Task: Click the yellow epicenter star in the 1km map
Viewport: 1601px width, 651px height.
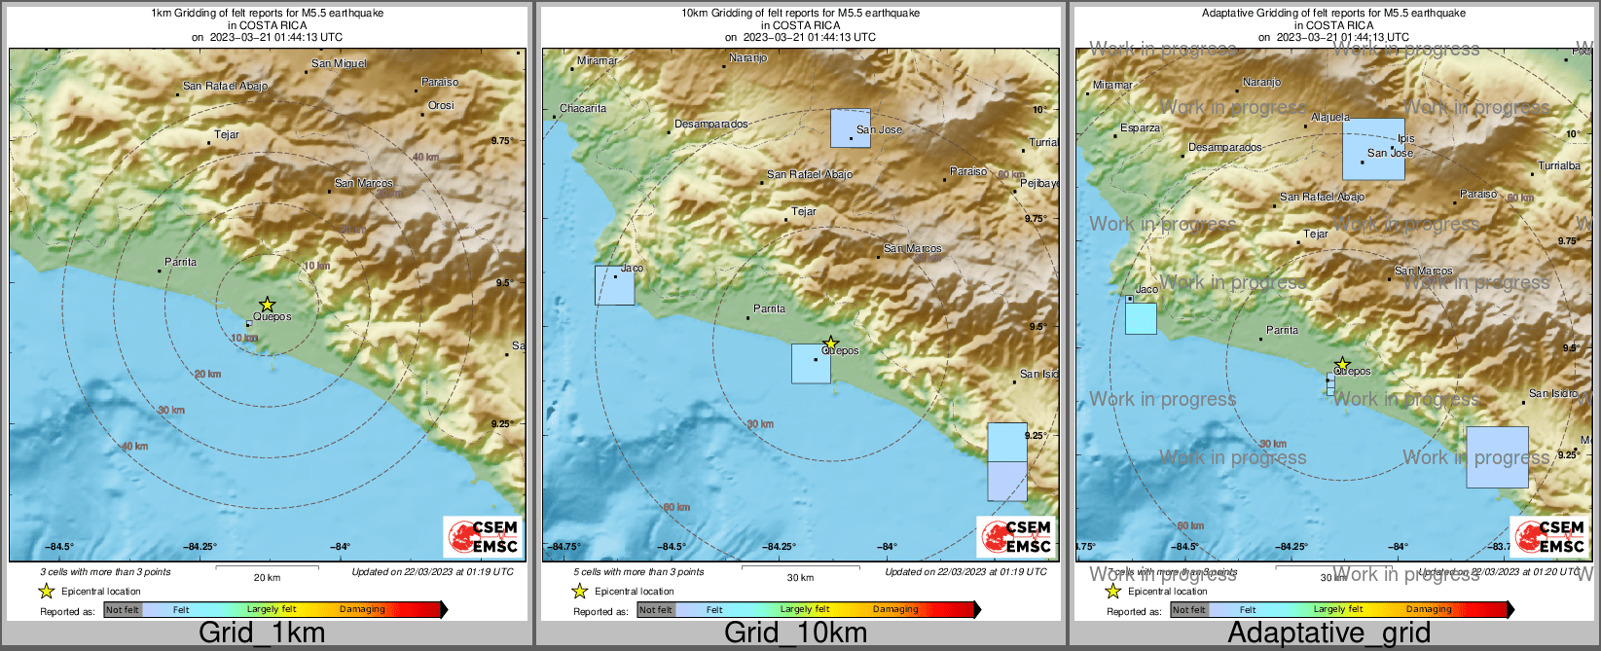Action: (268, 305)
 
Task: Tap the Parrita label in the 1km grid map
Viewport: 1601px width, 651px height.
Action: (180, 262)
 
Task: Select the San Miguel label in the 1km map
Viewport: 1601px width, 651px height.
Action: (339, 64)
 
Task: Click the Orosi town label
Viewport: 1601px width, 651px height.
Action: (441, 105)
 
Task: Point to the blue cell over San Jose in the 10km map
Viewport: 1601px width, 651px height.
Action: (851, 128)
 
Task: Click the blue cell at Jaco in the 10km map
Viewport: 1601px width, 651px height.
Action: (614, 285)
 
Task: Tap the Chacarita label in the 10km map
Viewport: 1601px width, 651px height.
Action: (583, 108)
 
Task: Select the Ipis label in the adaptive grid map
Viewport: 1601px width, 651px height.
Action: (1405, 139)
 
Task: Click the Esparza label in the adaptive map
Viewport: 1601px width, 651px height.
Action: (1140, 127)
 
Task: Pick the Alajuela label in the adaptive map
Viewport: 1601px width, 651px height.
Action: (1330, 117)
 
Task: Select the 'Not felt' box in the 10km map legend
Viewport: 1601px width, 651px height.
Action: (655, 610)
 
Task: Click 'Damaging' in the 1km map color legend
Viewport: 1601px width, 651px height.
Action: (362, 610)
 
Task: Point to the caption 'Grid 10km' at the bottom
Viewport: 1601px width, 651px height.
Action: (795, 633)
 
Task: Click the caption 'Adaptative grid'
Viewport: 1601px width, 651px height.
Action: (1328, 633)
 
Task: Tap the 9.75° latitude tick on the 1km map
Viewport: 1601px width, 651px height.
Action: (502, 141)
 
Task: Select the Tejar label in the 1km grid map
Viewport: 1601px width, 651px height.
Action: (226, 135)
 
